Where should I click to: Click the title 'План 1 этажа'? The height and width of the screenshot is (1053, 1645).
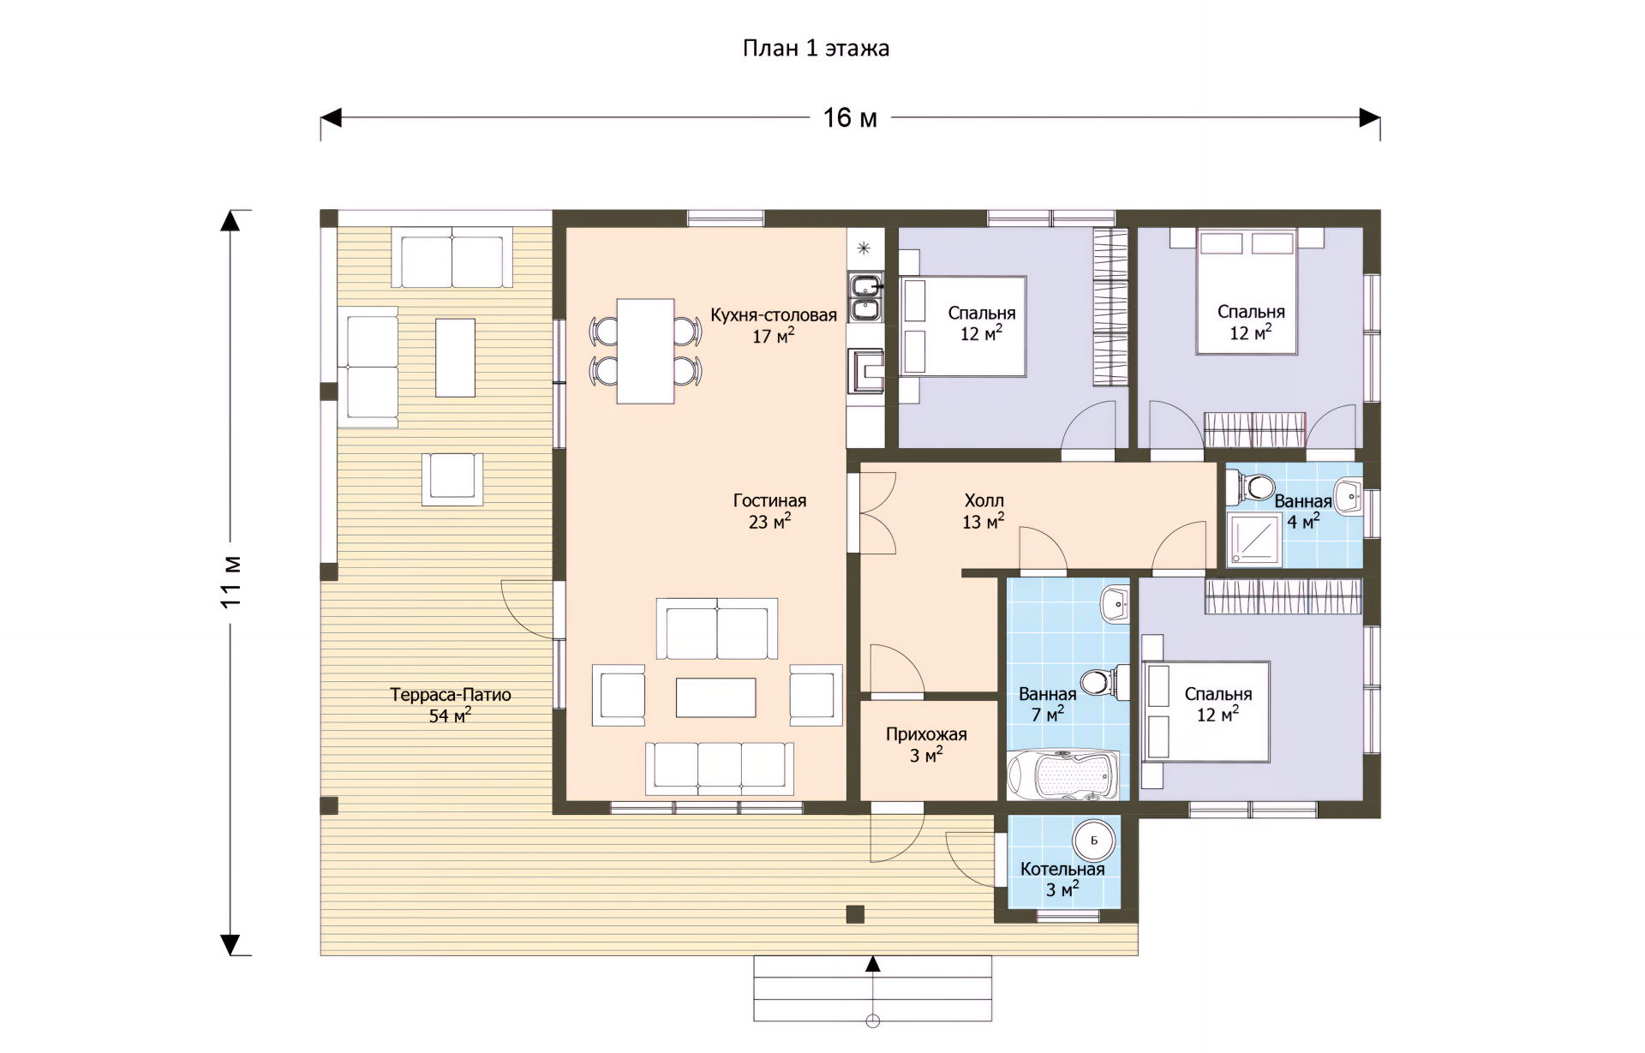(x=816, y=48)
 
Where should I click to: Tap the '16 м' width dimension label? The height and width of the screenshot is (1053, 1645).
(x=850, y=117)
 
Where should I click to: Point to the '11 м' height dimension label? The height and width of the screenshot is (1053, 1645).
(x=230, y=582)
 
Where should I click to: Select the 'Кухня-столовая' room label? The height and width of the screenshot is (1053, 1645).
(x=774, y=315)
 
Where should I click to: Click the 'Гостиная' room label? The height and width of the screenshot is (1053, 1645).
(x=769, y=500)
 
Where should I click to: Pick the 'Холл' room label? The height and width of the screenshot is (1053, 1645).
(x=984, y=500)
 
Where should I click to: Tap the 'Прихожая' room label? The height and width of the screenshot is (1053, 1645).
(x=926, y=734)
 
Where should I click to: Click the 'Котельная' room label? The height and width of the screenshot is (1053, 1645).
(x=1062, y=869)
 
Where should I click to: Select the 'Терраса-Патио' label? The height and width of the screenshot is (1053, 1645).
(x=451, y=695)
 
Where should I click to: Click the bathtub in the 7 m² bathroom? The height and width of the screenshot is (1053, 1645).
(x=1063, y=775)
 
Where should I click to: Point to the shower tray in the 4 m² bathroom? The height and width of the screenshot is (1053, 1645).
(x=1254, y=540)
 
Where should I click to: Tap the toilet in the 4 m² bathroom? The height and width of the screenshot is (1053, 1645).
(x=1253, y=488)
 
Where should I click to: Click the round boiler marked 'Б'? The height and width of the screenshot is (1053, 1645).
(x=1094, y=841)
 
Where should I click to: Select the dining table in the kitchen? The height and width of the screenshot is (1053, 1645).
(x=645, y=350)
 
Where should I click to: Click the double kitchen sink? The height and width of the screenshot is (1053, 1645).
(x=866, y=296)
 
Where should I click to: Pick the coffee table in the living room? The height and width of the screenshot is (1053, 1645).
(x=715, y=697)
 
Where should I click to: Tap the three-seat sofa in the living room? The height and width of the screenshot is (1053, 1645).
(x=720, y=768)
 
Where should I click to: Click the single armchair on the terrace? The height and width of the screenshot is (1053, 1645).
(x=452, y=479)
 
